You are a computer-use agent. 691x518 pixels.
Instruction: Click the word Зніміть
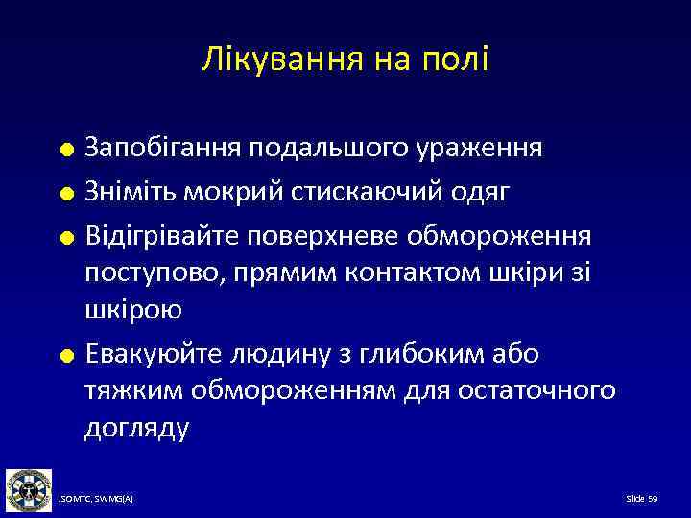[131, 193]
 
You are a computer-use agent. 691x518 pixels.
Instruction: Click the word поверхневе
[337, 236]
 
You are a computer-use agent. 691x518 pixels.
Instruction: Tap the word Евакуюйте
[151, 354]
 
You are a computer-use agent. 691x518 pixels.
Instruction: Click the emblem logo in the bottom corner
[29, 489]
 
